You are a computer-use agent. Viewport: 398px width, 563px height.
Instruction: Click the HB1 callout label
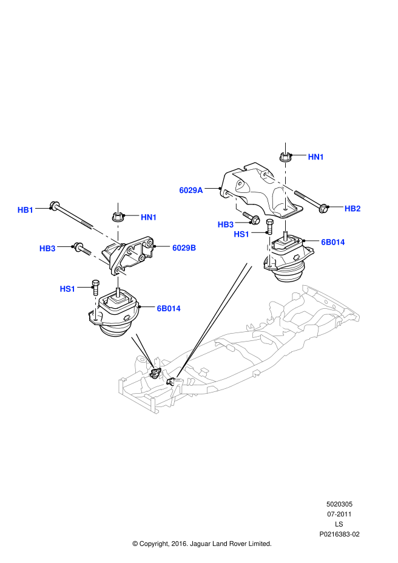tap(25, 210)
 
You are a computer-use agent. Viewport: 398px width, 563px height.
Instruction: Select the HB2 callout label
tap(352, 209)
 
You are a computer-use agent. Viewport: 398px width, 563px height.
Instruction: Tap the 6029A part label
tap(191, 190)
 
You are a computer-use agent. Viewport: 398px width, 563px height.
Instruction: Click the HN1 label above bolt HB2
tap(316, 157)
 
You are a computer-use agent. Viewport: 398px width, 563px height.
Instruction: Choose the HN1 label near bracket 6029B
tap(149, 217)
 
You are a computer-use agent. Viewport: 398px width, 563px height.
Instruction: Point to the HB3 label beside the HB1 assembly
tap(47, 248)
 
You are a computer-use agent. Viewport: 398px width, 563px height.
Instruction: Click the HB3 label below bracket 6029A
tap(226, 224)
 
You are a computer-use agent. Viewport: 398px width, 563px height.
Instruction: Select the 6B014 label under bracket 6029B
tap(169, 308)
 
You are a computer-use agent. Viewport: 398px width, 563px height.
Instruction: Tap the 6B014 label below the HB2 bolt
tap(333, 241)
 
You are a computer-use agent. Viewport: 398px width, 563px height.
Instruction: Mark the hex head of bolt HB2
tap(323, 210)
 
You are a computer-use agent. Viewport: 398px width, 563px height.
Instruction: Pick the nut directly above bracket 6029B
tap(118, 217)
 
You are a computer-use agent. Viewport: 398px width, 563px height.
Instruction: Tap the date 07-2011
tap(339, 514)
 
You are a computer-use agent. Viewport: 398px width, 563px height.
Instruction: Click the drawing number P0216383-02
tap(339, 534)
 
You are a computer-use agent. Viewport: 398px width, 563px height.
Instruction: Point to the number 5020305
tap(339, 504)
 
